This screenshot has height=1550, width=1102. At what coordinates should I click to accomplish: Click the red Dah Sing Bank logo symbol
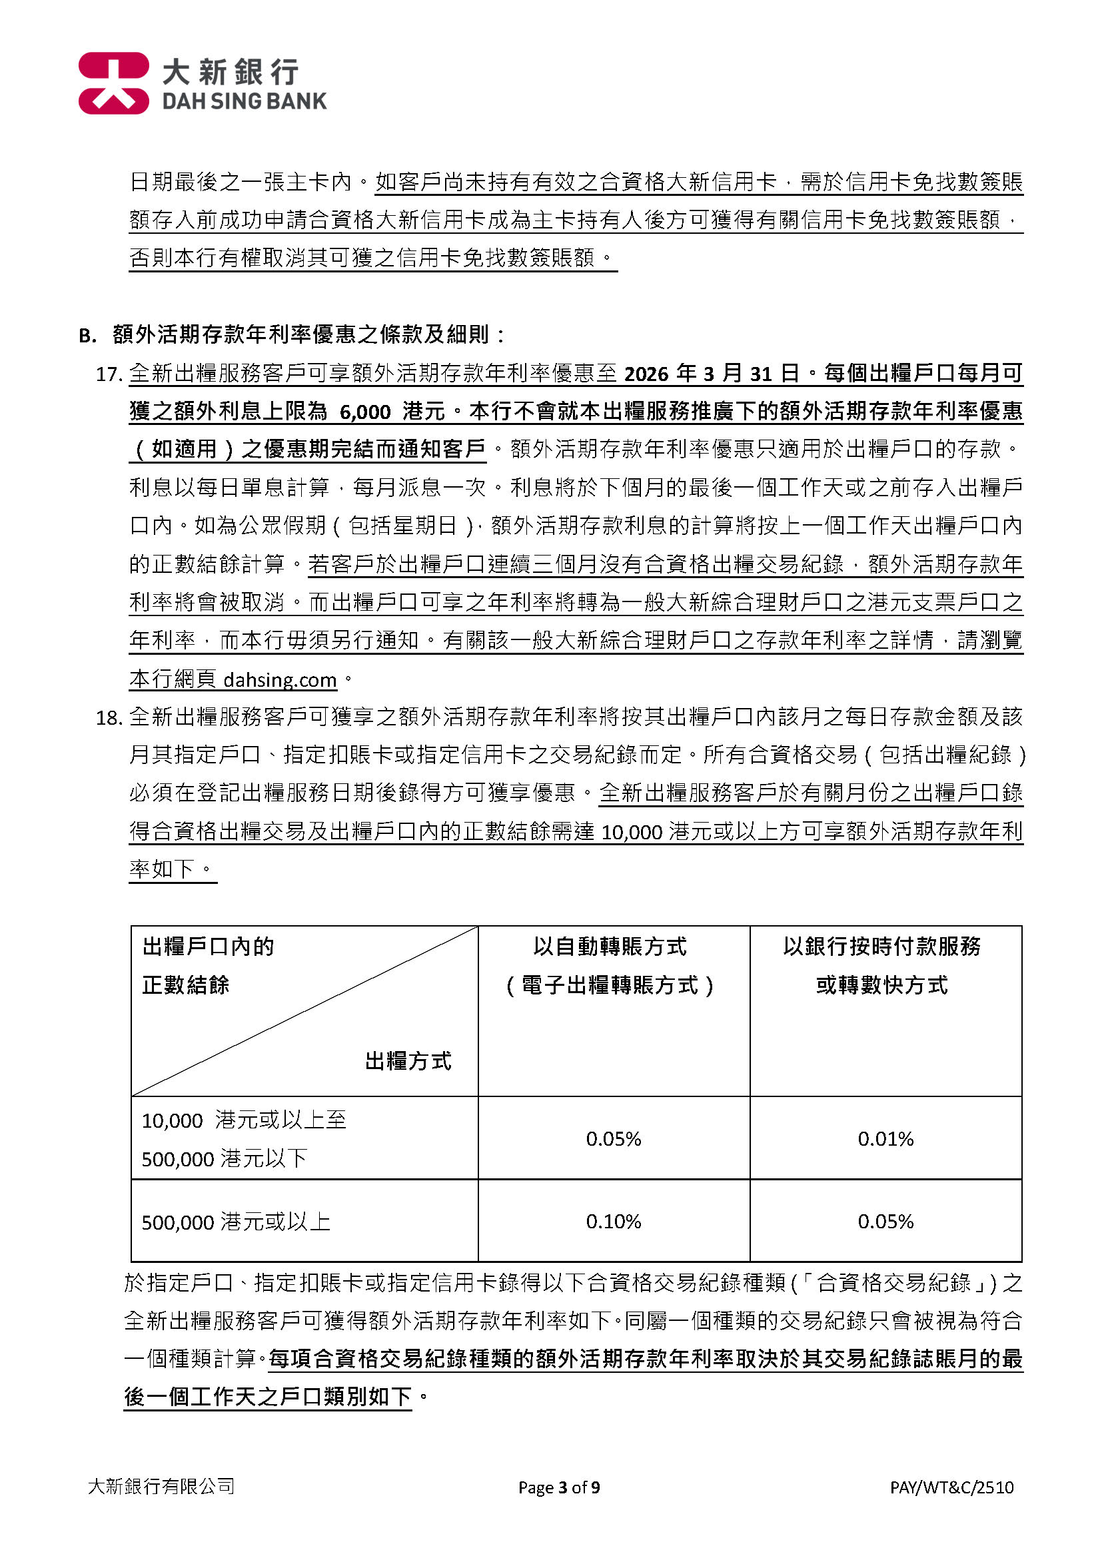(113, 83)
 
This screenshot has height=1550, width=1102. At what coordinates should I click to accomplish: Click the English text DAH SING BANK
(245, 102)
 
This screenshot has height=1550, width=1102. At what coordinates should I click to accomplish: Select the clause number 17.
(109, 374)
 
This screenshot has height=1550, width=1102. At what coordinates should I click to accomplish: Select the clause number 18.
(109, 717)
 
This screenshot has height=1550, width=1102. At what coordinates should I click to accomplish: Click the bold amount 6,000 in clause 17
(365, 412)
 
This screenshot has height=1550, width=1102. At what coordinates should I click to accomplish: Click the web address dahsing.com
(280, 679)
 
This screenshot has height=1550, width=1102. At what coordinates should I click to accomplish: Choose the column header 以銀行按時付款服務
(881, 947)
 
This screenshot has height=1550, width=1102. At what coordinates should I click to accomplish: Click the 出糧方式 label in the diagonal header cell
(408, 1061)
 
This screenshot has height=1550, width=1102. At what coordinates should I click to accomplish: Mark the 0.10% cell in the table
(614, 1222)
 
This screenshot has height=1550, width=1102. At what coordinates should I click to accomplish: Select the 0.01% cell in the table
(885, 1139)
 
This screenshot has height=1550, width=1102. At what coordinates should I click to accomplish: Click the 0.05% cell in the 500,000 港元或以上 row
(885, 1222)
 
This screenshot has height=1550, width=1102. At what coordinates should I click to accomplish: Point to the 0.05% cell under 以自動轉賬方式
(614, 1139)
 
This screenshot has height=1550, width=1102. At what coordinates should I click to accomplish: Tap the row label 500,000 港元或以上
(235, 1222)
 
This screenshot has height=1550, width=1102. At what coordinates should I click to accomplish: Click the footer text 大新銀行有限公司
(161, 1487)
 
